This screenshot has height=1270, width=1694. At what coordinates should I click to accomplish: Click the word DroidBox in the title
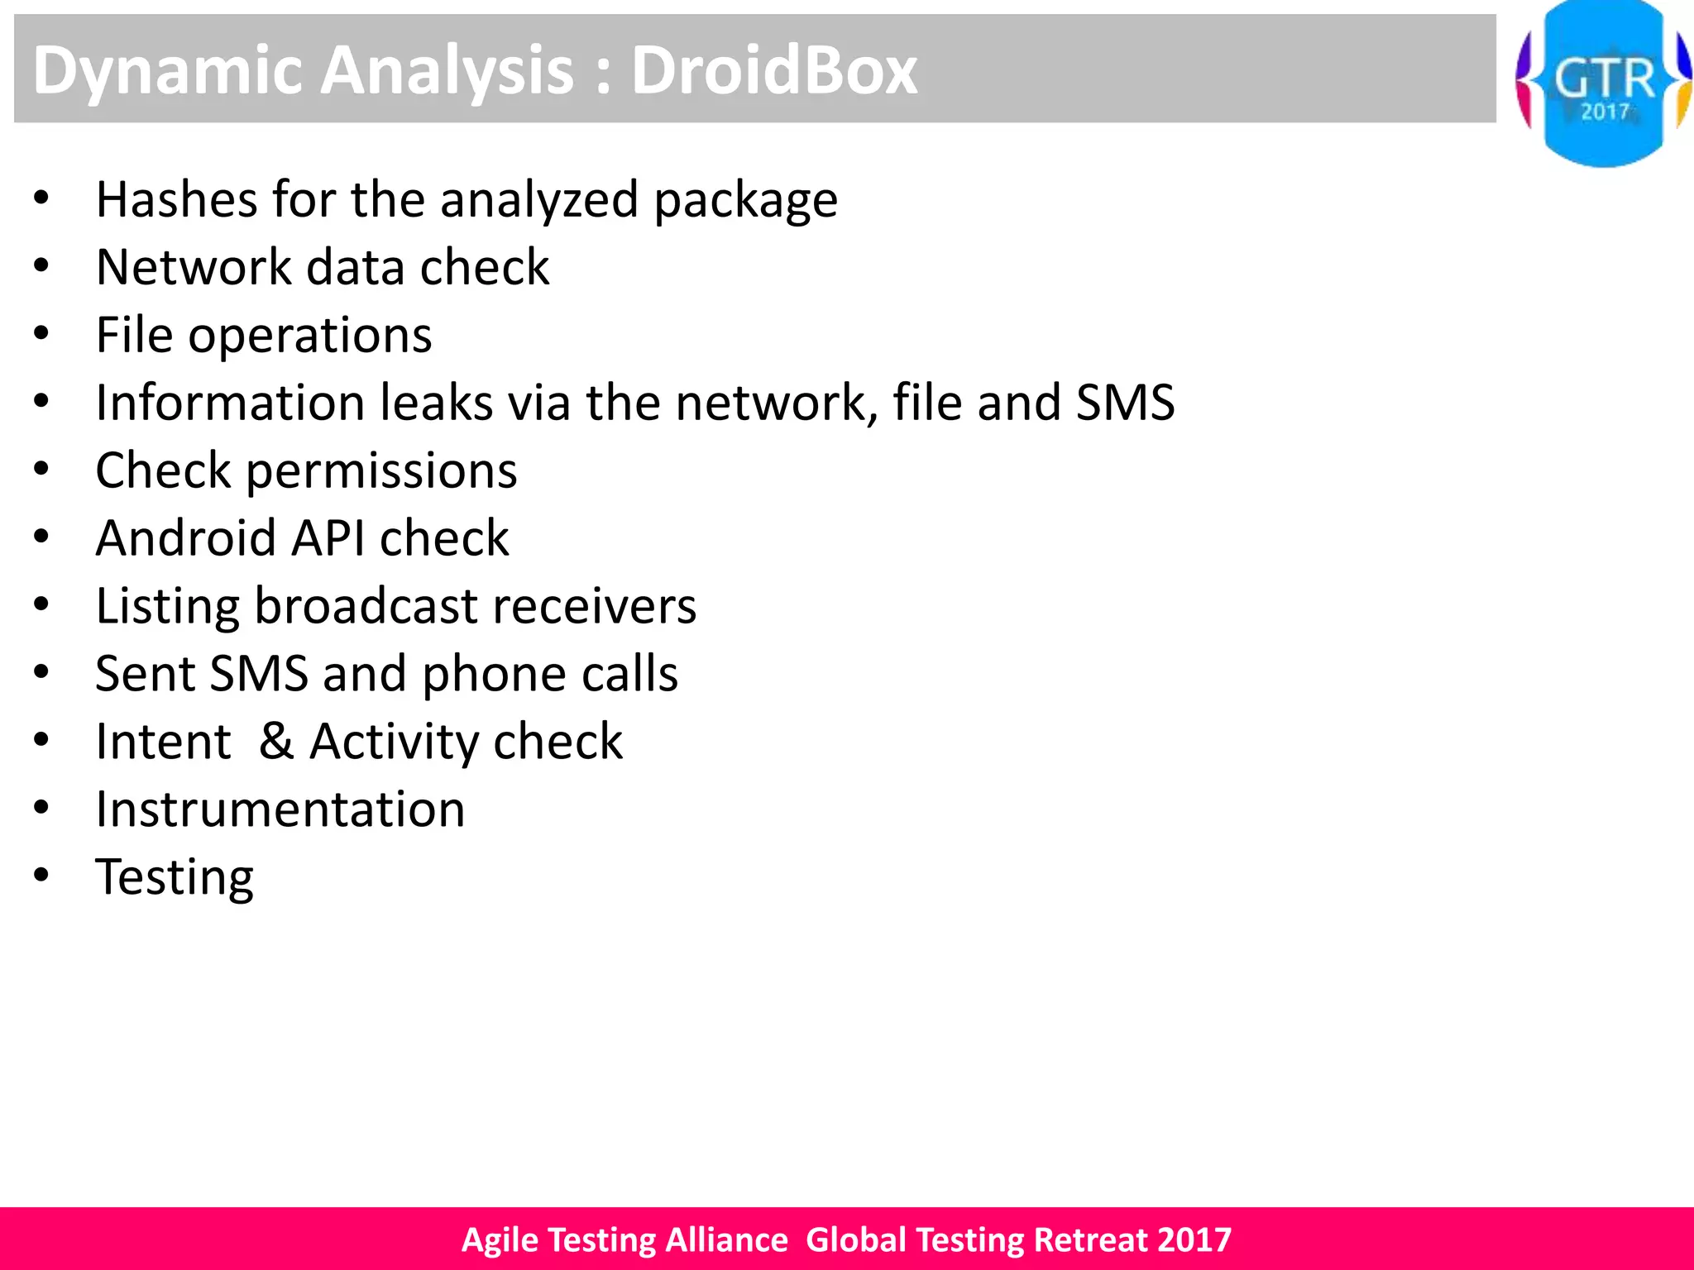[774, 70]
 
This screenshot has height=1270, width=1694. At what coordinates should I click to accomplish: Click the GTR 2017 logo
[1603, 84]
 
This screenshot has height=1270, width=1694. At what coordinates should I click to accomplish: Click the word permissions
[381, 472]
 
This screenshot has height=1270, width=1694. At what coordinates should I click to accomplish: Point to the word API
[328, 538]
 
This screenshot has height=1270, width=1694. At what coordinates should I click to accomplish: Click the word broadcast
[366, 606]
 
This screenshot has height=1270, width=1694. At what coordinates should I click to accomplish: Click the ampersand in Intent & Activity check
[276, 741]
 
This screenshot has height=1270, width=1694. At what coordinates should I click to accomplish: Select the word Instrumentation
[280, 809]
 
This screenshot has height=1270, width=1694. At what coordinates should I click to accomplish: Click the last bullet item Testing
[175, 878]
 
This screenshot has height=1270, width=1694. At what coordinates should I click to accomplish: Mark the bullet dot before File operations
[41, 334]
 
